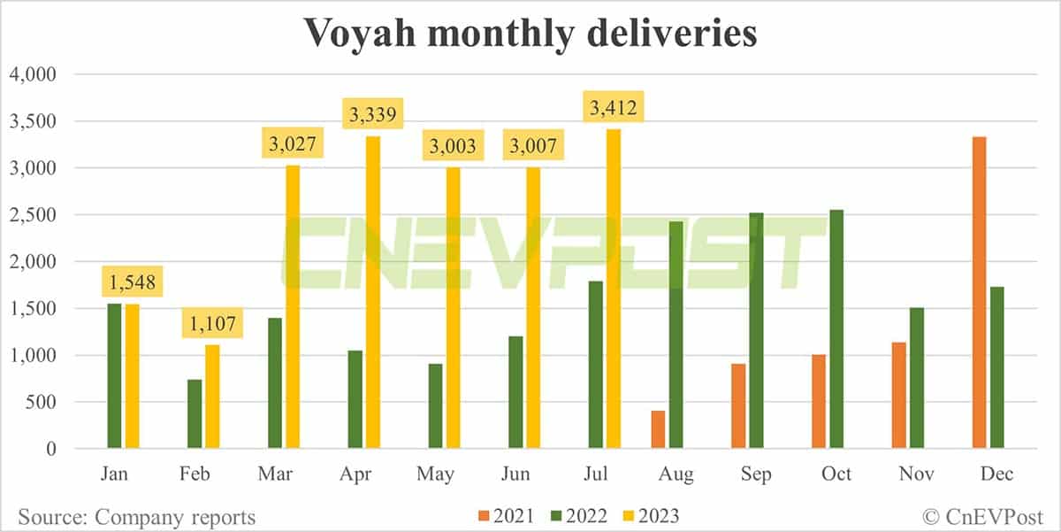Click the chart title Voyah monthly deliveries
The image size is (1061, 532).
[x=530, y=33]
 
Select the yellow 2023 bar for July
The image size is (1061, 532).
[x=613, y=289]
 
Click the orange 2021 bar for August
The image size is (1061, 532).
[x=658, y=429]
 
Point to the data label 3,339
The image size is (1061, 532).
[x=373, y=114]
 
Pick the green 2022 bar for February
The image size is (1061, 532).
[x=194, y=413]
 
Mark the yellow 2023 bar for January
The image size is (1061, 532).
[x=132, y=376]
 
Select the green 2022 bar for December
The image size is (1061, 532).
[x=996, y=367]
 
